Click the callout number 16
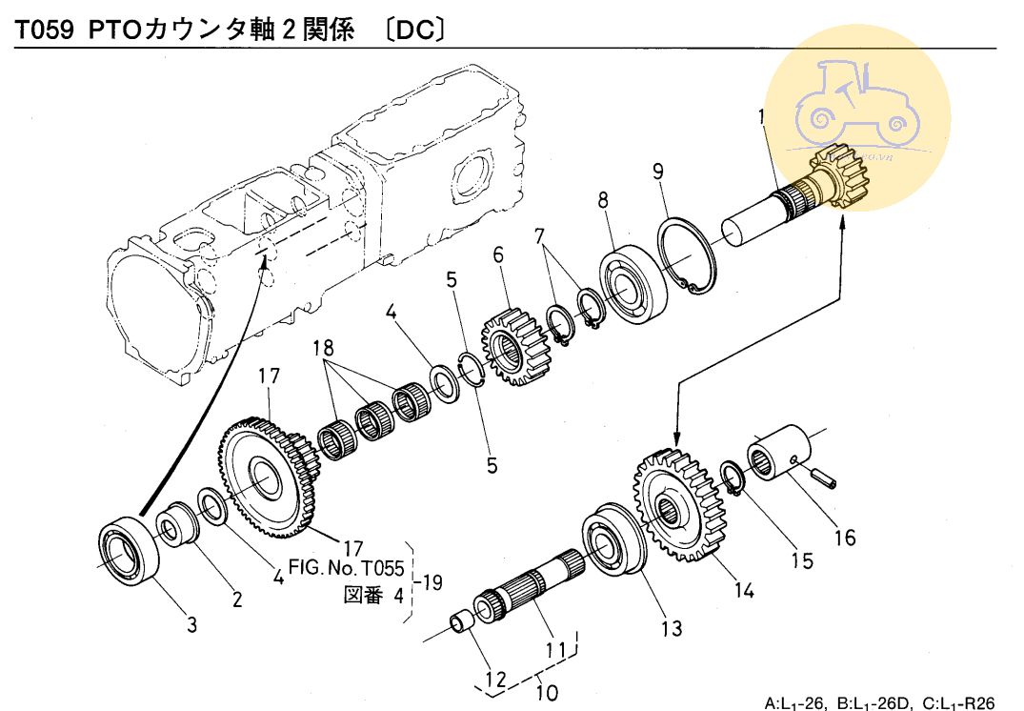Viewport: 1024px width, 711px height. pyautogui.click(x=844, y=538)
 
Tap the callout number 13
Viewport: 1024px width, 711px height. pyautogui.click(x=673, y=627)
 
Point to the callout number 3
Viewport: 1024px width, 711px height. pyautogui.click(x=191, y=625)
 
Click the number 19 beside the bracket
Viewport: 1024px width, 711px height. pyautogui.click(x=432, y=582)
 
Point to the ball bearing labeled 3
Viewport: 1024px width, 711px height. pyautogui.click(x=130, y=552)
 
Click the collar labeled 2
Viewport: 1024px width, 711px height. pyautogui.click(x=178, y=528)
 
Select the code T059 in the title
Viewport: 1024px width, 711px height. pyautogui.click(x=47, y=30)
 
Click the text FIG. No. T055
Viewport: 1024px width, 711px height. pyautogui.click(x=346, y=570)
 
